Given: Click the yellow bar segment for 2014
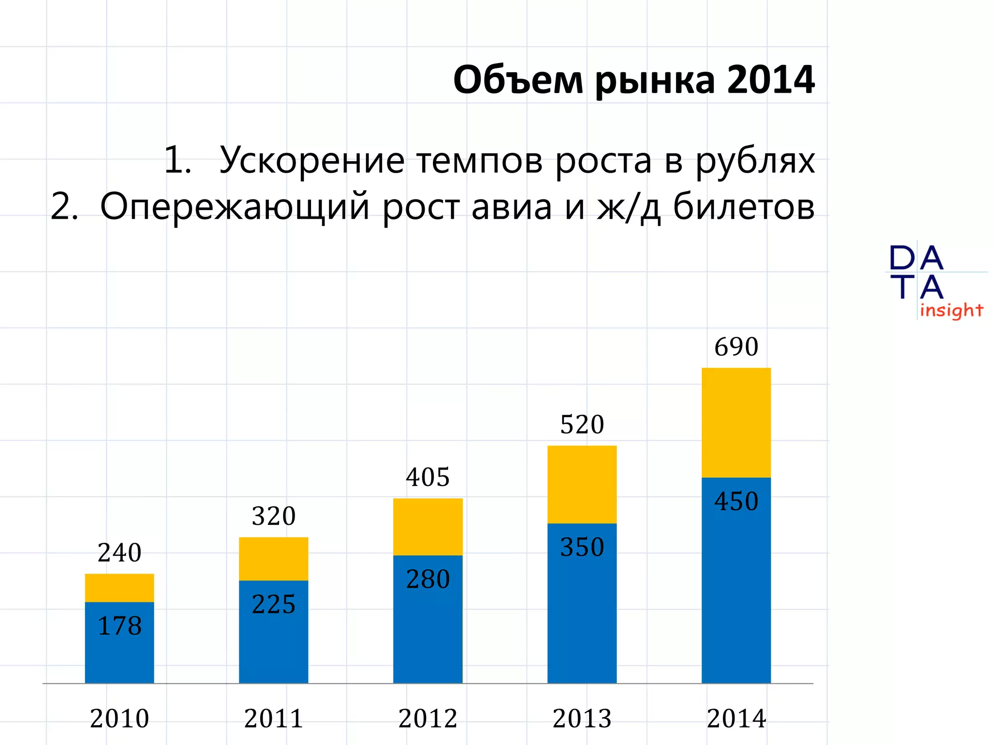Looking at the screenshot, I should coord(736,422).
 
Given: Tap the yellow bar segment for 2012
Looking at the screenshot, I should coord(428,527).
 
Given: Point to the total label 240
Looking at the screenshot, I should coord(119,553).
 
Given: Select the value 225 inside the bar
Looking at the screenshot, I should coord(273,604).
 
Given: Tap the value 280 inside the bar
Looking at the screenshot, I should coord(428,579).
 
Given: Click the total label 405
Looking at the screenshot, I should coord(428,477).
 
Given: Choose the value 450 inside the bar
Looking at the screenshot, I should coord(736,502).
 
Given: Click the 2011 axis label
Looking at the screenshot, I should coord(273,718).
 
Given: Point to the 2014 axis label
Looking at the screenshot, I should coord(736,718).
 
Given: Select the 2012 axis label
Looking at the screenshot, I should coord(428,718).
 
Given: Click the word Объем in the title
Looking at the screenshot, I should coord(518,80).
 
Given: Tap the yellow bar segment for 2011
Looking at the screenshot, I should coord(273,559).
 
